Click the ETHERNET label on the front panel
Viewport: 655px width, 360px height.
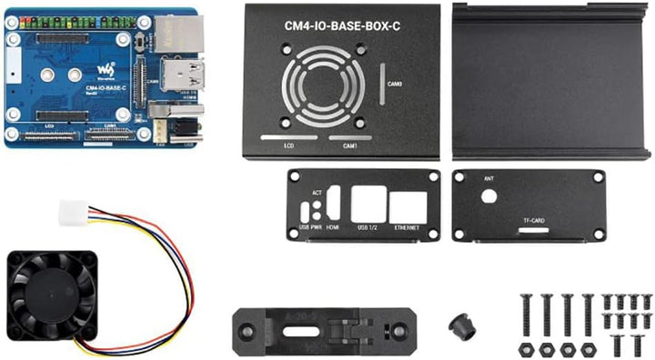click(408, 227)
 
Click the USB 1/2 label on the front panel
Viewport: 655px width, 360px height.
click(368, 227)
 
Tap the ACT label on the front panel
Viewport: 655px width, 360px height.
click(317, 193)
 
